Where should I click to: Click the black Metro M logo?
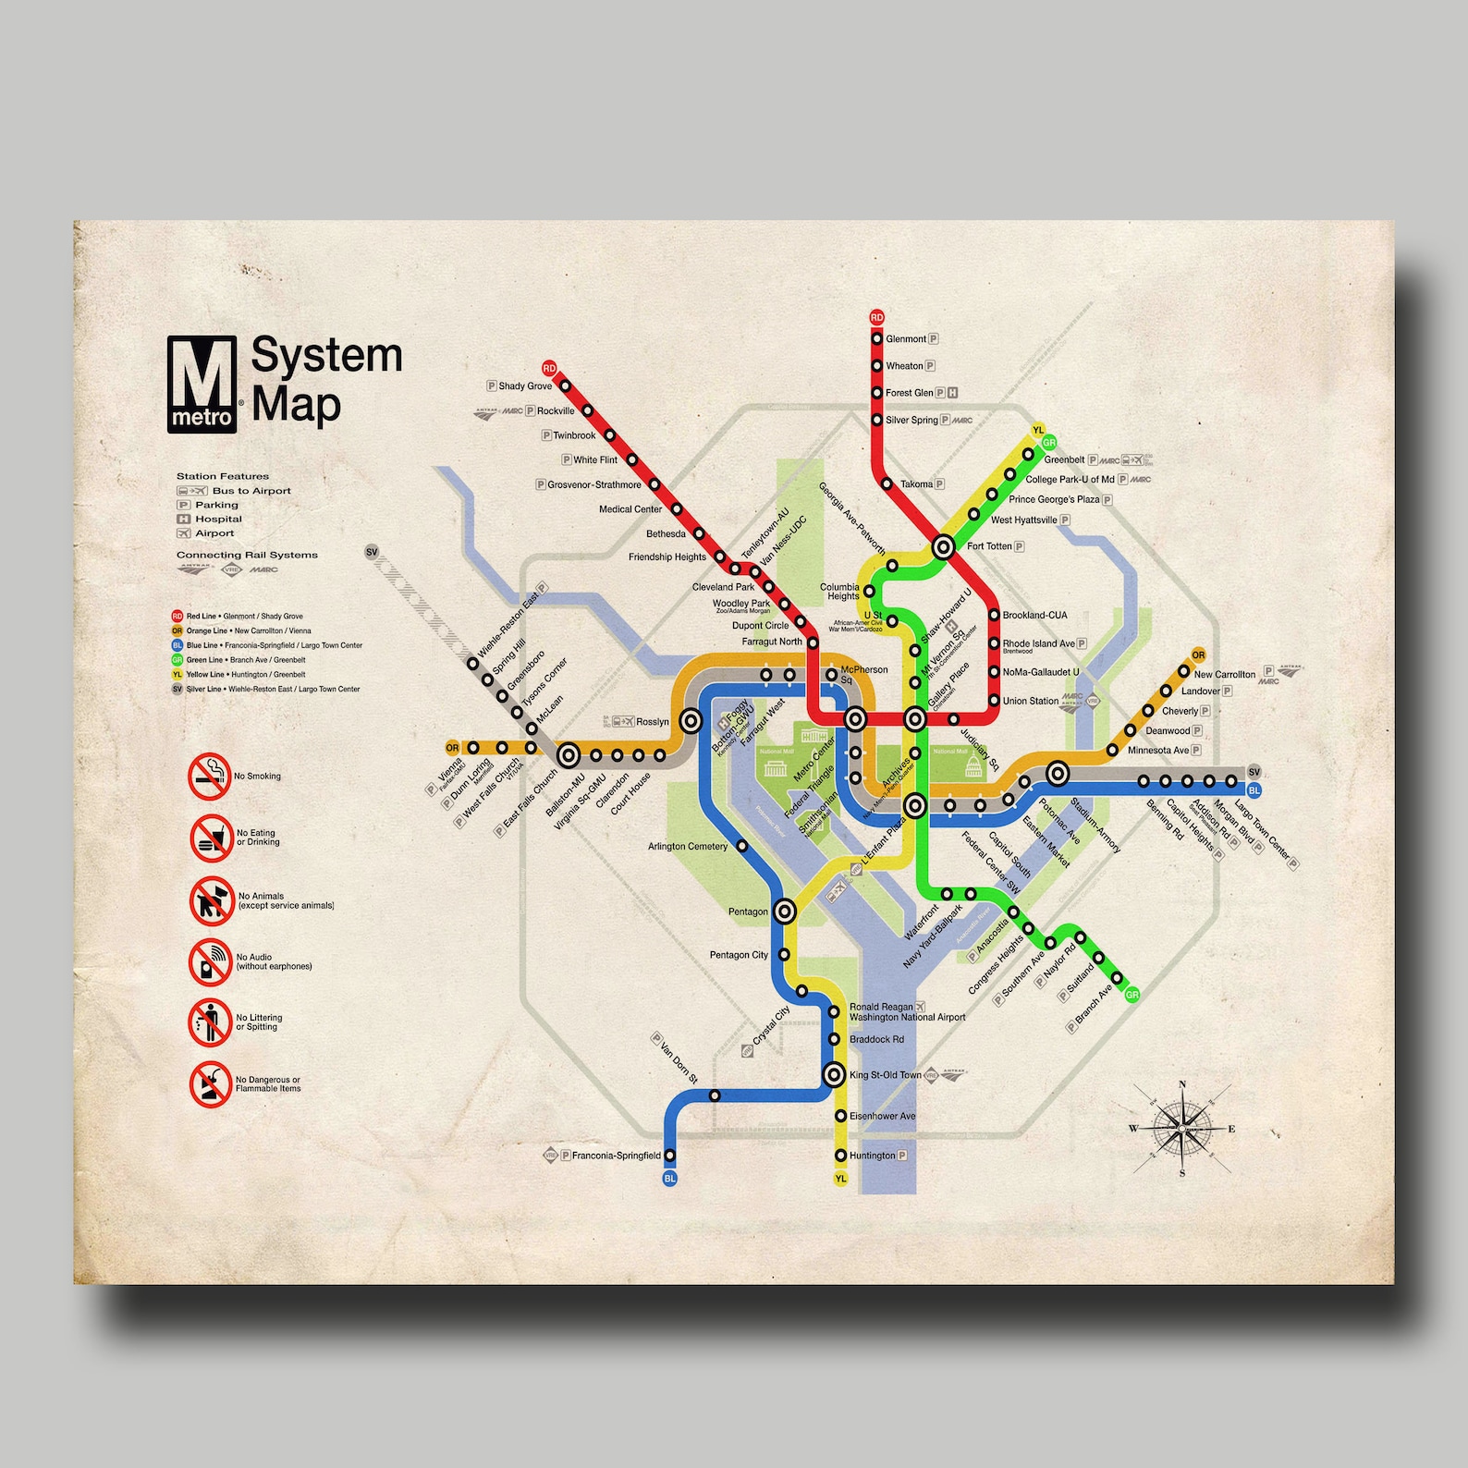point(202,383)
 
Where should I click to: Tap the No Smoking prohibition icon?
point(210,777)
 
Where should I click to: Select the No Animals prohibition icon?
point(212,901)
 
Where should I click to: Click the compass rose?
point(1181,1128)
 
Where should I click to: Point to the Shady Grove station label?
point(524,386)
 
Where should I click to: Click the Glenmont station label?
point(905,339)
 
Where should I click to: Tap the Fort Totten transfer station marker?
point(943,546)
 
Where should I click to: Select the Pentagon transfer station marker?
point(784,911)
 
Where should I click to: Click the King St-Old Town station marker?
point(834,1074)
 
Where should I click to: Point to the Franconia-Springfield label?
point(616,1156)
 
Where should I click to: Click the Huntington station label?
point(872,1156)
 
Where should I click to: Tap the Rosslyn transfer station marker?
point(690,721)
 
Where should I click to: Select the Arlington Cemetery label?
point(688,846)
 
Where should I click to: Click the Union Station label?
point(1030,701)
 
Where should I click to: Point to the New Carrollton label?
point(1224,674)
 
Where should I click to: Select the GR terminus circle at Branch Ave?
point(1132,995)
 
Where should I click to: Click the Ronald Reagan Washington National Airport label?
point(906,1012)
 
